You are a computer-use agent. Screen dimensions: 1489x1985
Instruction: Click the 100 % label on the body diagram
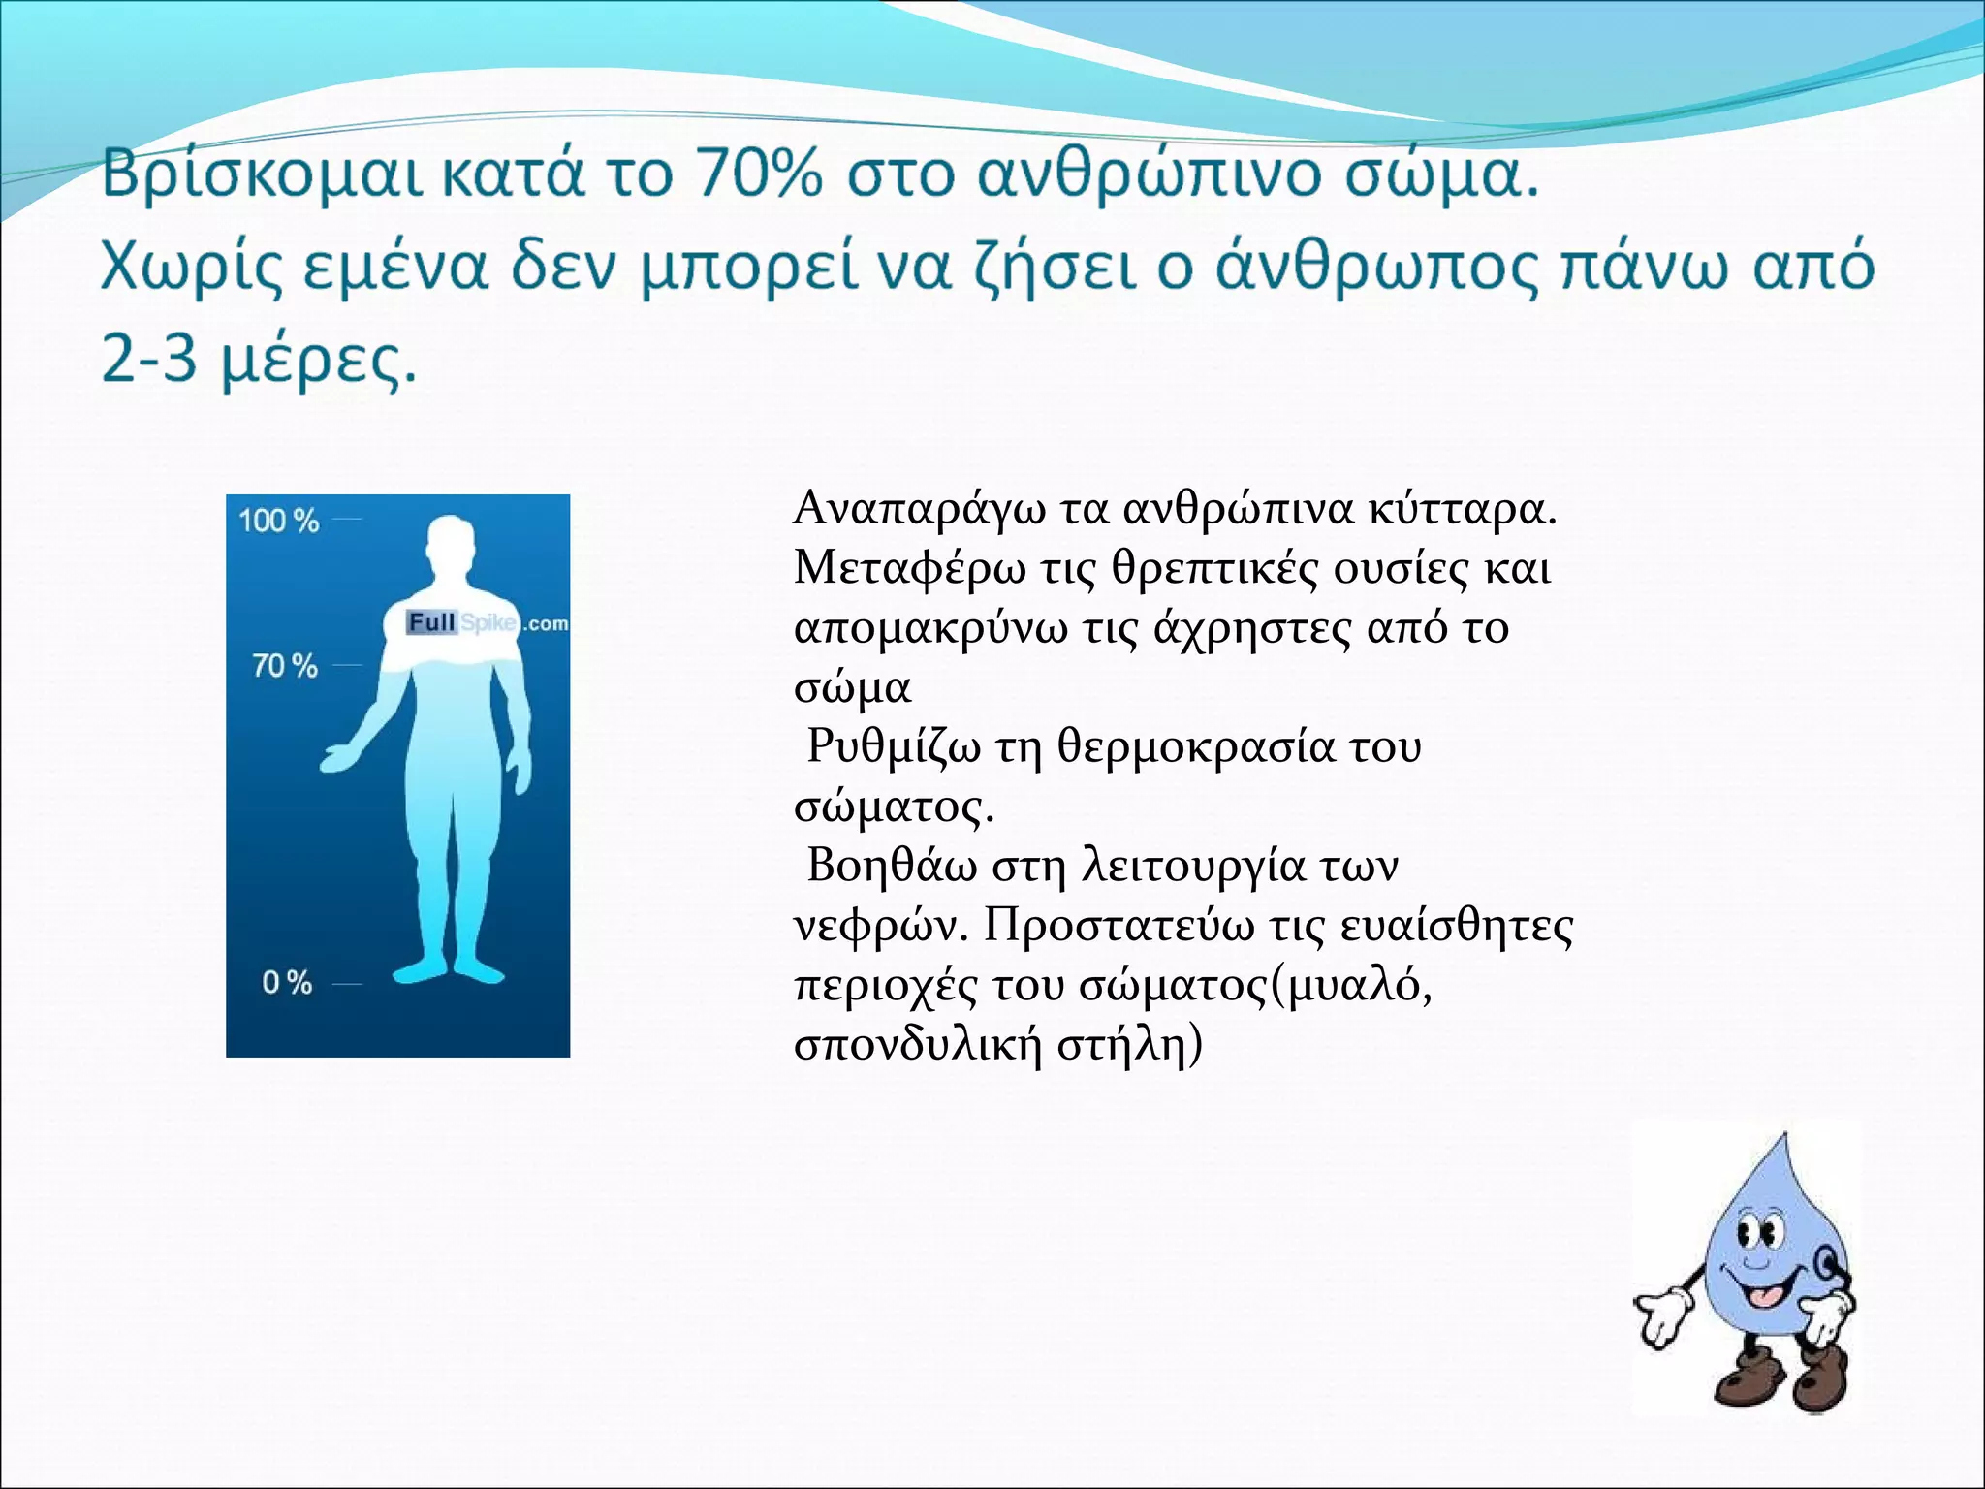[x=278, y=521]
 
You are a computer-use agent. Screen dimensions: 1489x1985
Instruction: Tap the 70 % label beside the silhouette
[x=284, y=666]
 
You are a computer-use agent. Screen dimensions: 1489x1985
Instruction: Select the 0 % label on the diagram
[x=287, y=982]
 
